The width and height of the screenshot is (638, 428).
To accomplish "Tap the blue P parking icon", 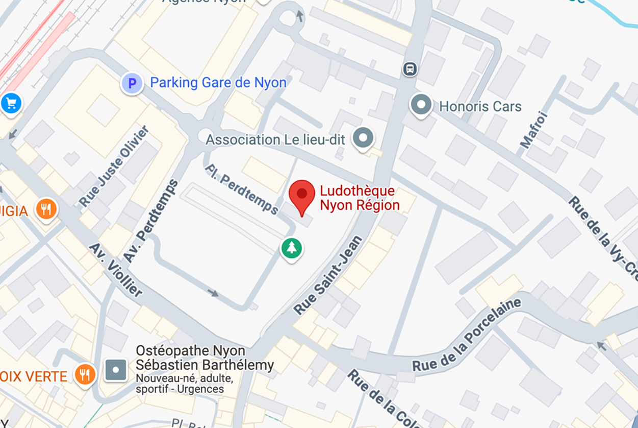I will (x=132, y=83).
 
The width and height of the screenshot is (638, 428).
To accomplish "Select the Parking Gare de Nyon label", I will (x=218, y=83).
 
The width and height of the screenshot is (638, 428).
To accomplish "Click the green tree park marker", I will (x=292, y=248).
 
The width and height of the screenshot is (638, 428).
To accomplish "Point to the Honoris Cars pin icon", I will (x=421, y=105).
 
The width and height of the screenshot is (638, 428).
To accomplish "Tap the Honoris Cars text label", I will (x=480, y=107).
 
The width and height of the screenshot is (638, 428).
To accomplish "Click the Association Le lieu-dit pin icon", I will (x=363, y=137).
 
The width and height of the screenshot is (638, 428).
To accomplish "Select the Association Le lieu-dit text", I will (x=275, y=139).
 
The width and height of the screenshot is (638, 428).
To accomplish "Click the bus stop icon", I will (x=410, y=68).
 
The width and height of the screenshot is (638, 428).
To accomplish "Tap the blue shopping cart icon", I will (x=11, y=103).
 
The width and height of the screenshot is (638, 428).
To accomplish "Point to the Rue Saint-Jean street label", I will (x=328, y=276).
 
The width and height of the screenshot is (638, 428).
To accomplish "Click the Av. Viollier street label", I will (x=116, y=270).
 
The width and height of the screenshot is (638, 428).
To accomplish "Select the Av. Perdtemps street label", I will (x=152, y=221).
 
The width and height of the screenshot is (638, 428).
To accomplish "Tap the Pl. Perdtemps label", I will (x=242, y=189).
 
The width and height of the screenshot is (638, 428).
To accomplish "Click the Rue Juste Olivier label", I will (x=114, y=167).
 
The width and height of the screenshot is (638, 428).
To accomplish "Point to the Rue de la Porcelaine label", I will (x=467, y=336).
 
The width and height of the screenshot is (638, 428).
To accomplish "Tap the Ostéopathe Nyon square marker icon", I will (x=116, y=370).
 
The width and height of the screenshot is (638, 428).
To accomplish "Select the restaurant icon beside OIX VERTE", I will (x=85, y=374).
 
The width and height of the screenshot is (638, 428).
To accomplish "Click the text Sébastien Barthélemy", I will (x=205, y=366).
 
